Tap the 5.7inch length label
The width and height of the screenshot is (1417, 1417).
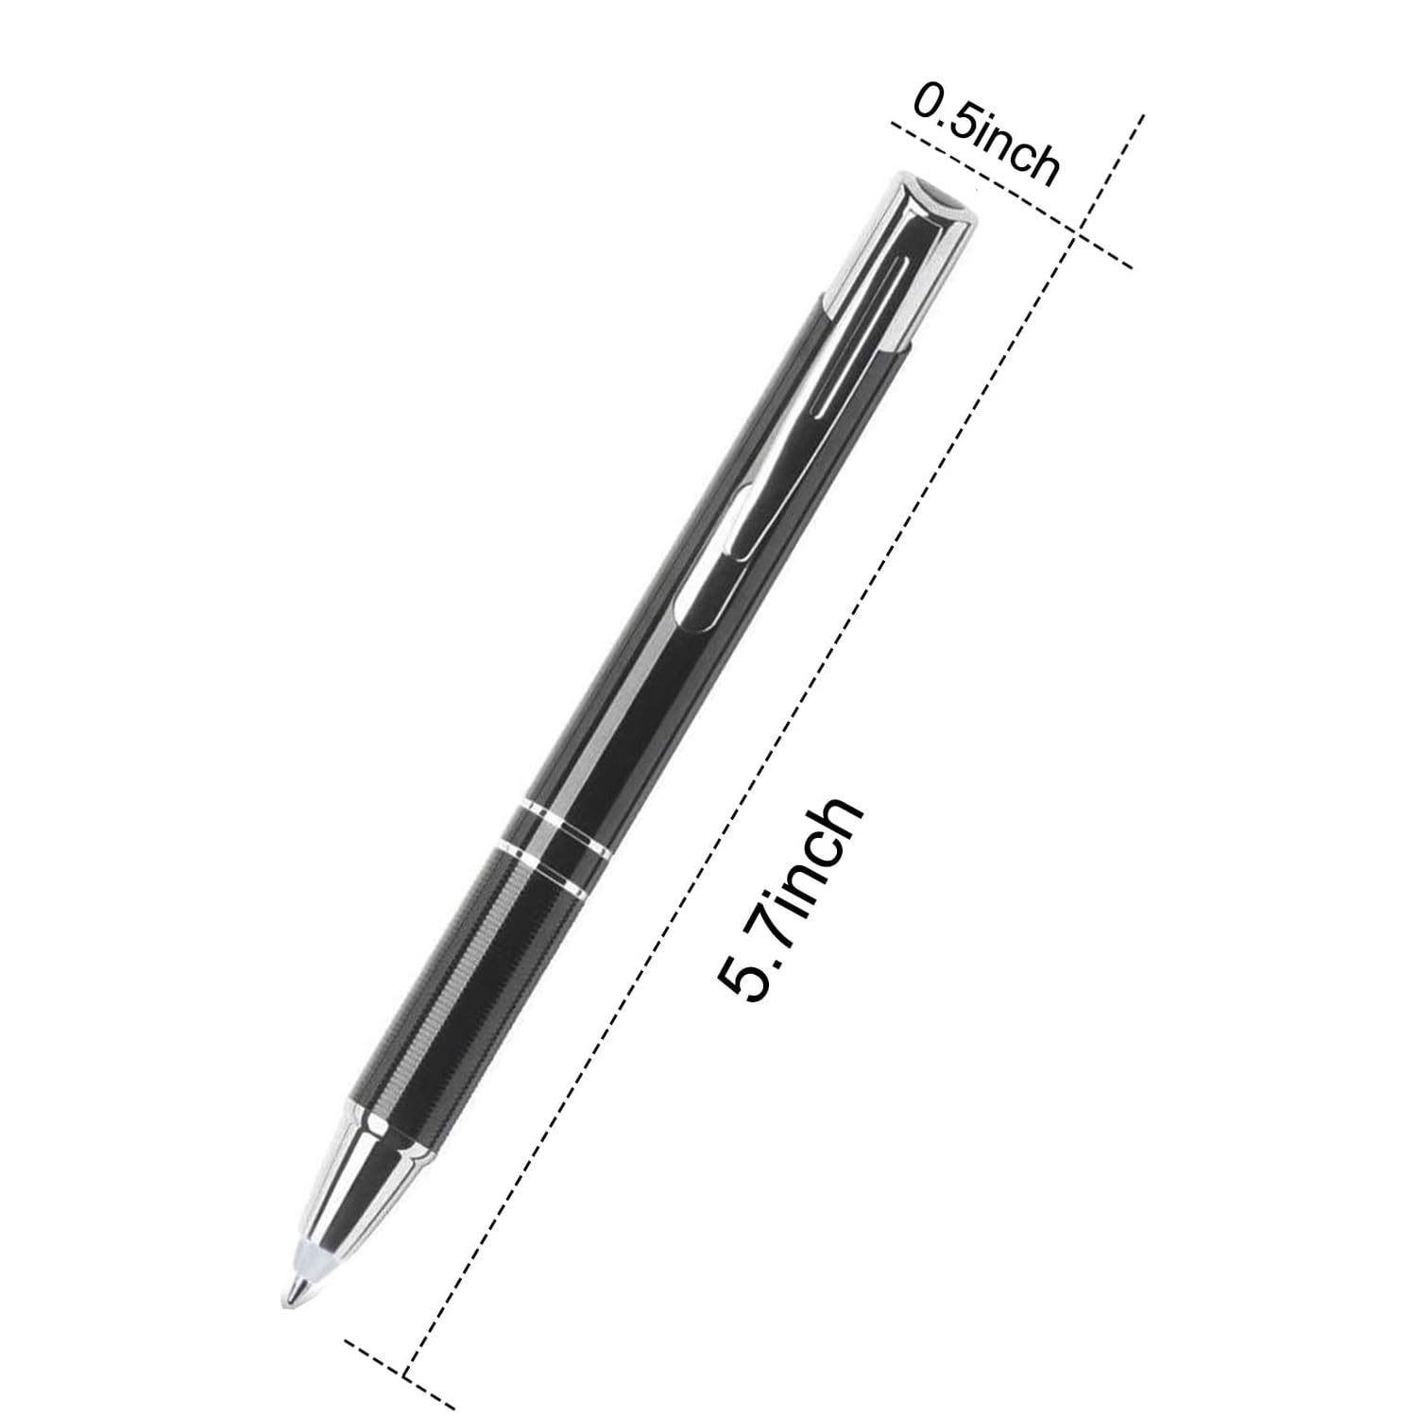[x=790, y=898]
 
